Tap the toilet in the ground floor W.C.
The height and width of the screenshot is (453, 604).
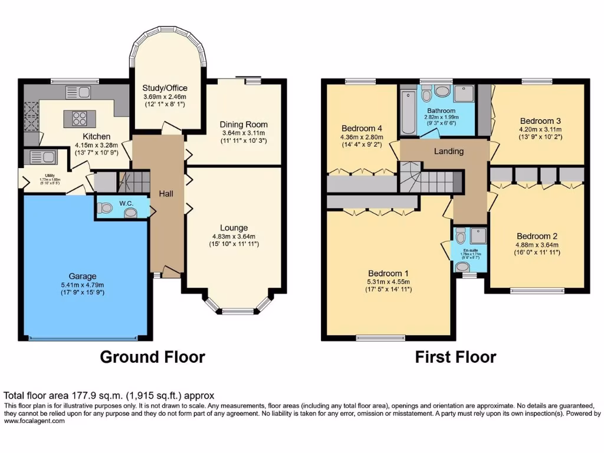coord(106,208)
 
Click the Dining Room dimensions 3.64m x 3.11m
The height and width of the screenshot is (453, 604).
coord(244,133)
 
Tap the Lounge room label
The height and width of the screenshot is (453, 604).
coord(234,228)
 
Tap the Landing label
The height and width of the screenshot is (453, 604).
coord(449,151)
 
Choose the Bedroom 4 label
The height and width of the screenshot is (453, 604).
coord(362,129)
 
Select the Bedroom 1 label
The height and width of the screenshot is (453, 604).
coord(388,273)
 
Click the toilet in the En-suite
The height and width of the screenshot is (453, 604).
coord(462,237)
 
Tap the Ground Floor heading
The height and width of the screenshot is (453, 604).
coord(152,357)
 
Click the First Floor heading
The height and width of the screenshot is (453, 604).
coord(455,357)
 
